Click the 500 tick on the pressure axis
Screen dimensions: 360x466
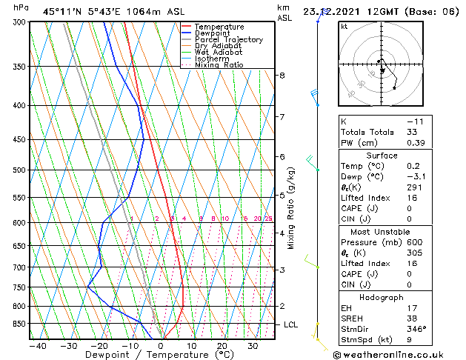point(19,170)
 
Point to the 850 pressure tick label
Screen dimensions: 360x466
point(19,324)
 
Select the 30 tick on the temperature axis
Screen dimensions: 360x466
point(253,345)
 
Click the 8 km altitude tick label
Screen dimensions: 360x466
point(282,76)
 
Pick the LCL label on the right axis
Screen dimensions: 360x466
point(291,324)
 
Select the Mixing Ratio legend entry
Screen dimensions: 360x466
point(219,65)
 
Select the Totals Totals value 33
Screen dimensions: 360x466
point(412,132)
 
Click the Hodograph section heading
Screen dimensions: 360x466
point(382,297)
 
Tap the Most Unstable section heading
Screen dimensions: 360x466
point(382,231)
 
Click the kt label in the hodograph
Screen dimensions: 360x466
point(344,26)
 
